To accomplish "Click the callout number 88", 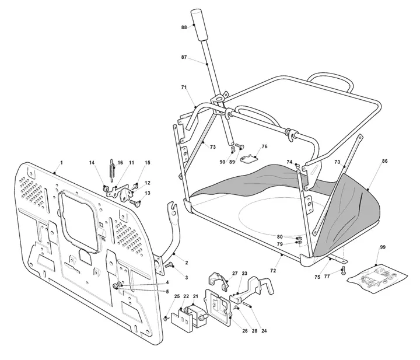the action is click(x=184, y=27).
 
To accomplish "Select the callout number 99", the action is click(x=383, y=247).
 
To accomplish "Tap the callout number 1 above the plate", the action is click(x=61, y=163).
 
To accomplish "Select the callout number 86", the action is click(x=384, y=161).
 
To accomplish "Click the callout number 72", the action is click(x=273, y=271).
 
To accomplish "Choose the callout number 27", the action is click(x=235, y=274).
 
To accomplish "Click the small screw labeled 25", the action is click(x=166, y=318).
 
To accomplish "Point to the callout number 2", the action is click(x=187, y=263).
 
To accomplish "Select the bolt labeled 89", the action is click(x=240, y=146).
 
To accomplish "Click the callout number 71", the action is click(x=184, y=88).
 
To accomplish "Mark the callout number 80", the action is click(x=279, y=237).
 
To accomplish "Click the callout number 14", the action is click(x=92, y=163).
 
